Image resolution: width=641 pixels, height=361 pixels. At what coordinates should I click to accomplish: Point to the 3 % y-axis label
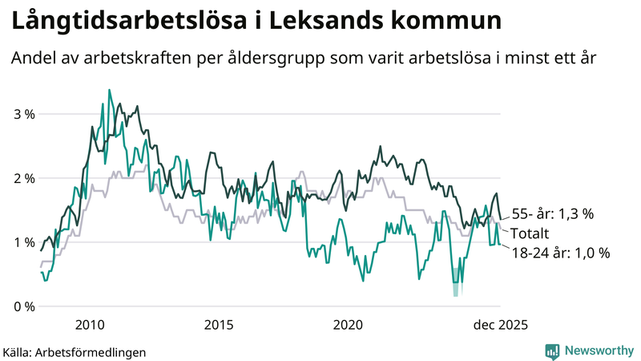tap(24, 114)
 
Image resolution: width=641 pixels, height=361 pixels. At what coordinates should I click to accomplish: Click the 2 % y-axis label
tap(24, 178)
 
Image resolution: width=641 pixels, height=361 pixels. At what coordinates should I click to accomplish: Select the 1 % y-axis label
tap(24, 242)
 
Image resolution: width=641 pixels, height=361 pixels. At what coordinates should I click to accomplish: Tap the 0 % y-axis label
tap(24, 306)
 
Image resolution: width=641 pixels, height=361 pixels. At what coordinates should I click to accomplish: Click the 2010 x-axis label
tap(89, 325)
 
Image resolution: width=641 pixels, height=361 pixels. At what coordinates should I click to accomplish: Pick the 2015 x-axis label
tap(219, 325)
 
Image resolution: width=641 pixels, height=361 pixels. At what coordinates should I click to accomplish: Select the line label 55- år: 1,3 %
tap(552, 214)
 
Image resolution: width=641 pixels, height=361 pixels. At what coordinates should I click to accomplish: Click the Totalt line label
tap(530, 233)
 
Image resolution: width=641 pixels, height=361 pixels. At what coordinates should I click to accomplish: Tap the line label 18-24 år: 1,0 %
tap(560, 253)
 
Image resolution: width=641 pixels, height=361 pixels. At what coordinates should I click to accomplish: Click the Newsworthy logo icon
tap(551, 351)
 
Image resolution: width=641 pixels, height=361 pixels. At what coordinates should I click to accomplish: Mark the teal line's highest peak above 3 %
tap(109, 91)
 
